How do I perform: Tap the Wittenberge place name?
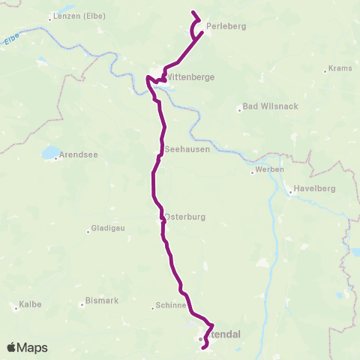tap(189, 76)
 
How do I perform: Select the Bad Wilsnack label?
tap(269, 106)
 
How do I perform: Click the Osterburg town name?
tap(184, 217)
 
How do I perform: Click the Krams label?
tap(340, 70)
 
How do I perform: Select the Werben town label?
tap(269, 169)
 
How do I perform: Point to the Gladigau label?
tap(110, 230)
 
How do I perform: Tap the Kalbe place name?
tap(31, 304)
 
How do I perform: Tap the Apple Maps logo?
tap(27, 347)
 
